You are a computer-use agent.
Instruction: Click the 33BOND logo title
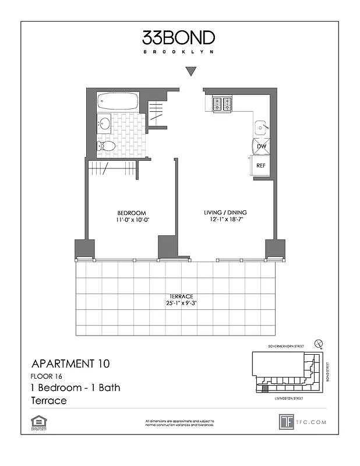click(x=179, y=38)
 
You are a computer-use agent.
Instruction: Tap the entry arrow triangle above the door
click(x=190, y=72)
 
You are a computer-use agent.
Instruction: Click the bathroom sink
click(x=105, y=123)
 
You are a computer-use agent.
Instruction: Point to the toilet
click(x=106, y=146)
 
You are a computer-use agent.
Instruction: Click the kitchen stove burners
click(x=222, y=104)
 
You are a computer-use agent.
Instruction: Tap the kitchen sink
click(x=260, y=126)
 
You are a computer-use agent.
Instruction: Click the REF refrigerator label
click(x=262, y=165)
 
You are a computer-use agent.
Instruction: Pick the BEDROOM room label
click(x=131, y=213)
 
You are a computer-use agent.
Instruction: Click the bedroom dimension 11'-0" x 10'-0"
click(x=131, y=220)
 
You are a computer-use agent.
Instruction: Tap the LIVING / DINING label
click(x=225, y=213)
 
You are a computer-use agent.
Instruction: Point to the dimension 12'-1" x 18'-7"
click(x=225, y=220)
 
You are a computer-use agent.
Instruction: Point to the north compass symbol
click(x=319, y=344)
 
